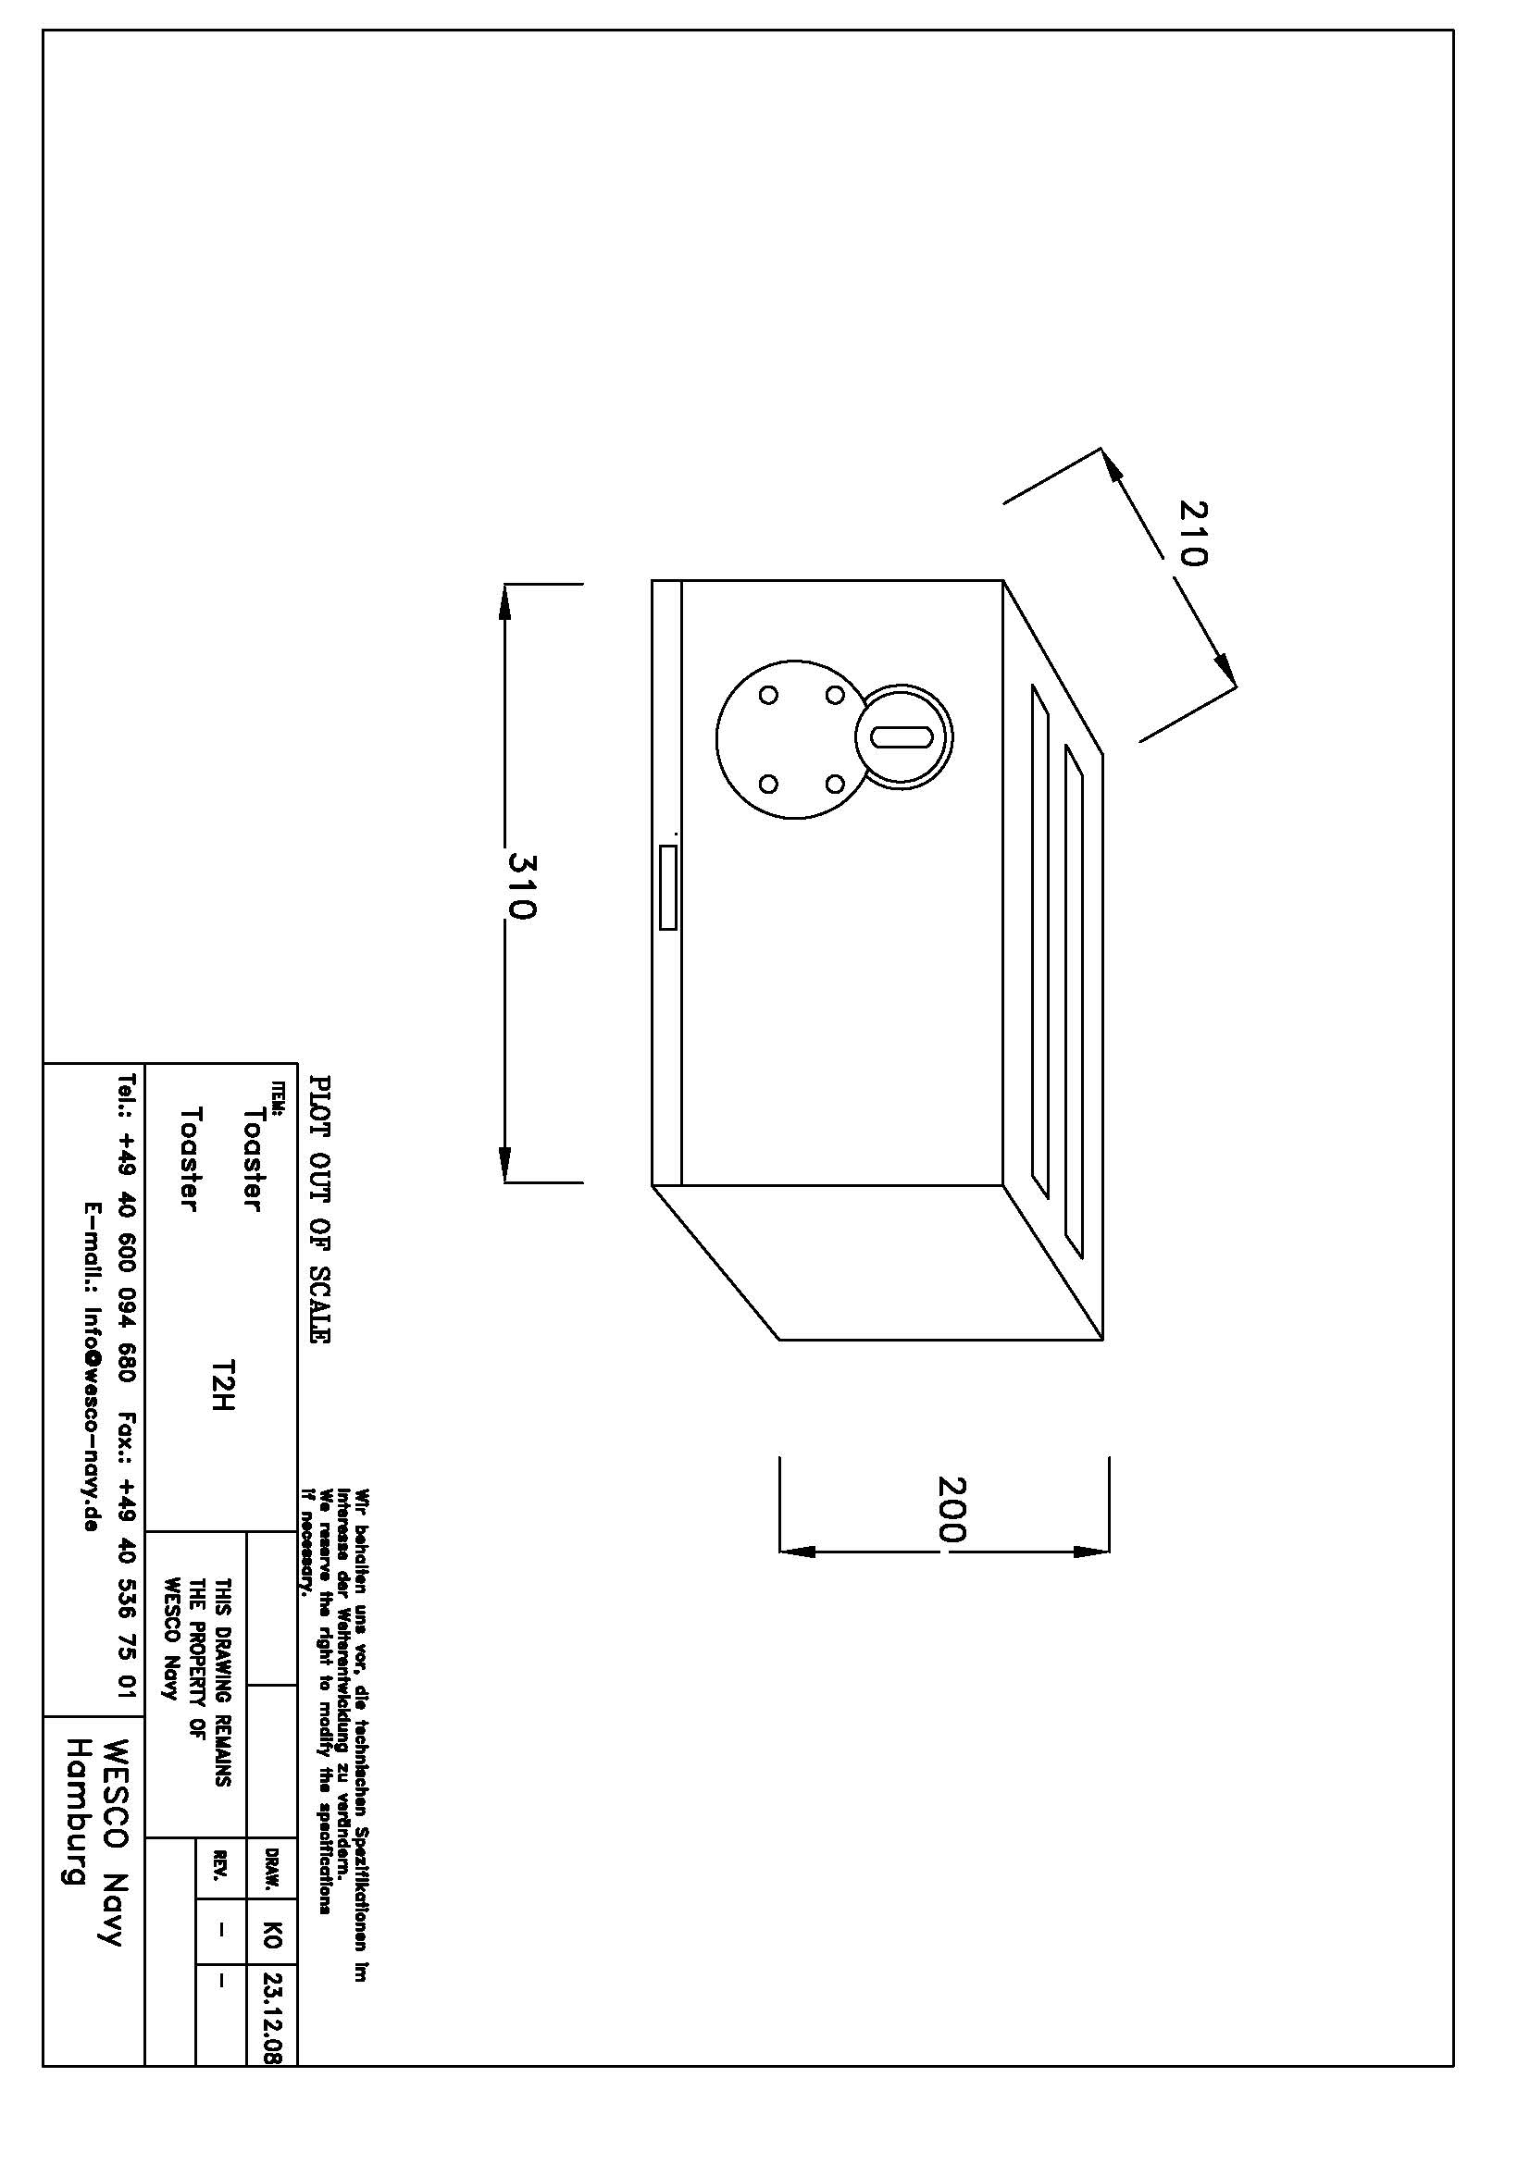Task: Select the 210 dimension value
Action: [1192, 533]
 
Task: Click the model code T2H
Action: [223, 1386]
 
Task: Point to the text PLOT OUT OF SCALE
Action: [319, 1210]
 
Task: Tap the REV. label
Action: [221, 1865]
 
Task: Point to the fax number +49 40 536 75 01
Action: [130, 1608]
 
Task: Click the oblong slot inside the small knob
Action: [902, 736]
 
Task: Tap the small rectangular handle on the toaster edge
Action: [667, 887]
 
